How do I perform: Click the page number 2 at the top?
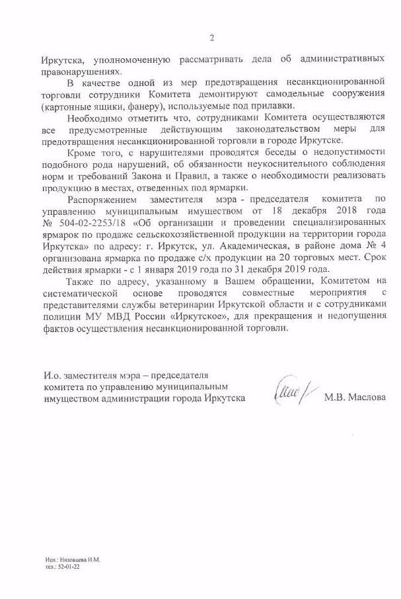click(x=211, y=38)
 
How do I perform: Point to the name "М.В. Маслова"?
click(x=353, y=398)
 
